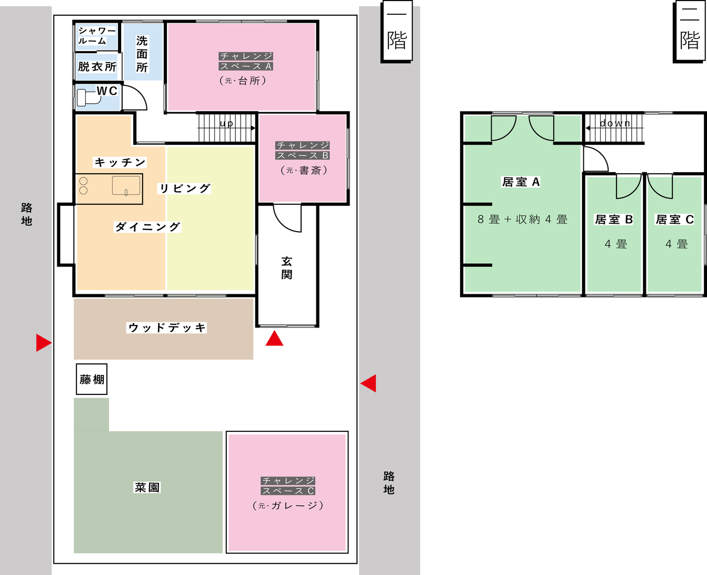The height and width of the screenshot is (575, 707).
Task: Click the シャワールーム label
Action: coord(96,36)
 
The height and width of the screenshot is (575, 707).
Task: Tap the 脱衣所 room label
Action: coord(97,67)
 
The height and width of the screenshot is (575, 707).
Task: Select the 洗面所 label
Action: coord(142,54)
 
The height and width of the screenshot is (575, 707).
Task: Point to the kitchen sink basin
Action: coord(126,185)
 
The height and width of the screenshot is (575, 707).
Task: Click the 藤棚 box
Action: coord(92,379)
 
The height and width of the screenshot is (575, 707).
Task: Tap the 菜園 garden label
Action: coord(147,488)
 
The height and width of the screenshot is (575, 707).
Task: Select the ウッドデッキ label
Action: coord(167,328)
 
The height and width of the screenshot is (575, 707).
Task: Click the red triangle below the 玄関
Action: coord(274,338)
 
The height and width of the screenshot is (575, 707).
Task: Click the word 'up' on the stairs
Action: coord(226,124)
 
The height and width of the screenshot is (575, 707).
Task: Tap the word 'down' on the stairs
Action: coord(615,123)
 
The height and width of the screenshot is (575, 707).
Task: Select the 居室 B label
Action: coord(613,220)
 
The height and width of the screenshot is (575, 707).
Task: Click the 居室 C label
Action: coord(674,220)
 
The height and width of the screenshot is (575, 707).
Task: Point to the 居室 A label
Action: coord(521,182)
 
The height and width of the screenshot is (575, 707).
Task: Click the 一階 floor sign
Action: coord(396,31)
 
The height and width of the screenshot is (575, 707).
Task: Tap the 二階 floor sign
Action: coord(690,31)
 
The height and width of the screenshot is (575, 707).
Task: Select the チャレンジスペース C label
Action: coord(288,485)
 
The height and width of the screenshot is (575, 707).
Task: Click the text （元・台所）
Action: coord(243,81)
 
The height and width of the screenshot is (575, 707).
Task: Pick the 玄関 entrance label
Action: coord(287,268)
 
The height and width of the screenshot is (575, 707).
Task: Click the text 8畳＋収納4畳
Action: coord(522,220)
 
